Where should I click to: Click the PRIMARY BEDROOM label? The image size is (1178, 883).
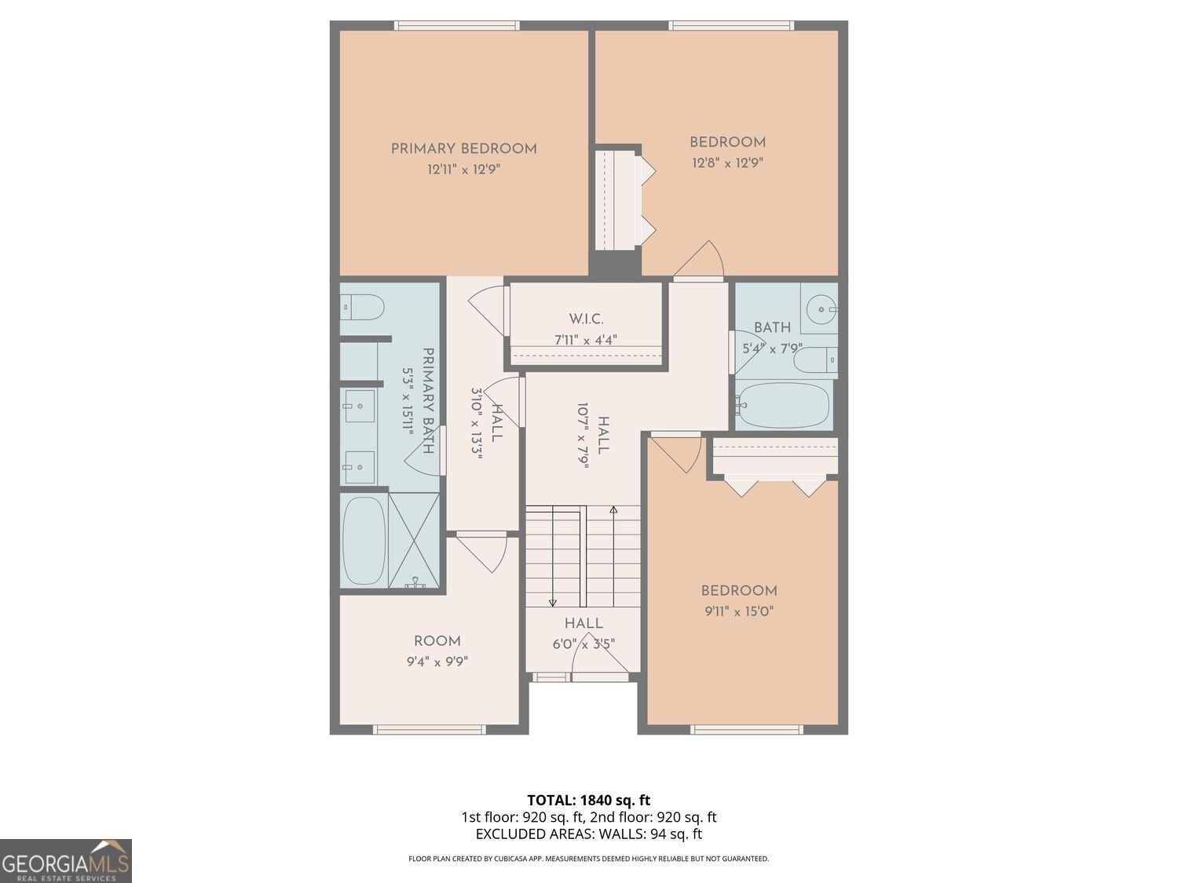click(x=463, y=148)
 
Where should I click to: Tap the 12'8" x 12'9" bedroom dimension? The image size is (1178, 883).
click(x=727, y=163)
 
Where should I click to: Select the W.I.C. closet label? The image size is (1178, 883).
click(x=586, y=319)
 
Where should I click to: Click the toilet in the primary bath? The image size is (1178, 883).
click(x=364, y=307)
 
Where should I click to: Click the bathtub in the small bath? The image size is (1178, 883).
click(x=783, y=405)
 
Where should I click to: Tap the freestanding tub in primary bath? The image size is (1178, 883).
click(x=364, y=540)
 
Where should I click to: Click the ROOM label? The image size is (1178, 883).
click(x=437, y=641)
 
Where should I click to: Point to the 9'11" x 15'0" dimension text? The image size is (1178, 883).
click(x=739, y=611)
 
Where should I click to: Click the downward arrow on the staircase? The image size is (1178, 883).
click(x=553, y=600)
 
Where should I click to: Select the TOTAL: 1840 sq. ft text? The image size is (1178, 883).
click(x=588, y=801)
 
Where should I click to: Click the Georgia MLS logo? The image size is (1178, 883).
click(x=66, y=861)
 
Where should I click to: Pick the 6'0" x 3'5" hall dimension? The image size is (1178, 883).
click(x=584, y=644)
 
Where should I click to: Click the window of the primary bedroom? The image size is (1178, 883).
click(x=456, y=26)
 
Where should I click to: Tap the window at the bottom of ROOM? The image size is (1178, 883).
click(x=429, y=730)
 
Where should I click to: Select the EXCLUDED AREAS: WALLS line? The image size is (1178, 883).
click(x=588, y=834)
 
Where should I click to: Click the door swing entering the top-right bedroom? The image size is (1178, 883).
click(x=701, y=261)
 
